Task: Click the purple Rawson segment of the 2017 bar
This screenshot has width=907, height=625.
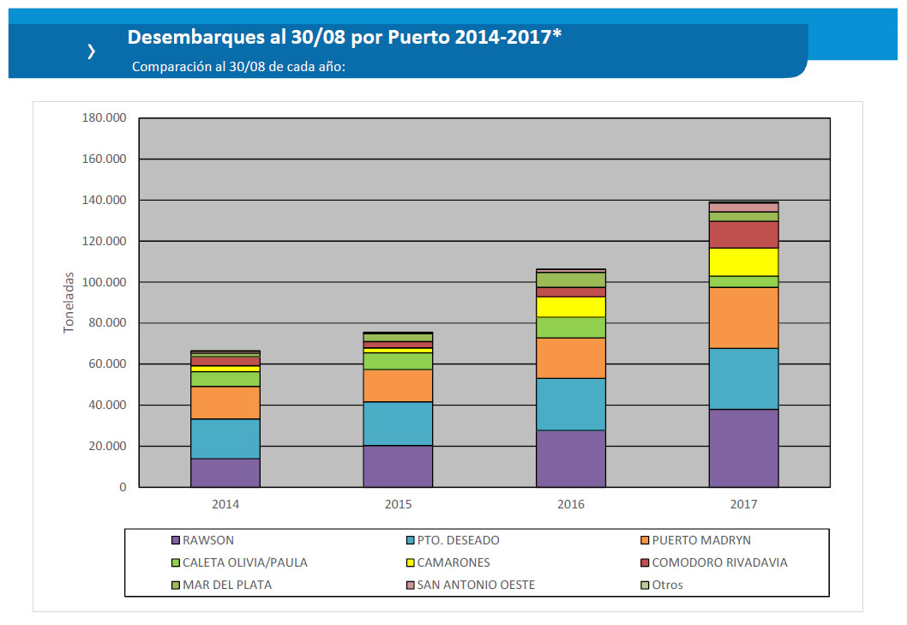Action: point(743,448)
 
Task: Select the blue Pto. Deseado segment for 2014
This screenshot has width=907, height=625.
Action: point(225,438)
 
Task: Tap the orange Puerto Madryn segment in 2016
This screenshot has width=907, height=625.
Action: point(571,358)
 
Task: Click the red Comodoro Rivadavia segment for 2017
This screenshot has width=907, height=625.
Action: point(743,234)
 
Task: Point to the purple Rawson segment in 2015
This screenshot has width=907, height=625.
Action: point(398,466)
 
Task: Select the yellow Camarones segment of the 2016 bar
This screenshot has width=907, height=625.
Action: point(571,306)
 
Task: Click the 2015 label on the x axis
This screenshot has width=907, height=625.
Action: point(398,504)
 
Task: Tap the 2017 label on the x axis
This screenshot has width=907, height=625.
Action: point(743,504)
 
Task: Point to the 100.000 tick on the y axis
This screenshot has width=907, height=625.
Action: point(104,282)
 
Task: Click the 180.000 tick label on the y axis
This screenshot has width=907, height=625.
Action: point(104,118)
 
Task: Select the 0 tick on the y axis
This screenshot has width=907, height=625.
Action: point(122,487)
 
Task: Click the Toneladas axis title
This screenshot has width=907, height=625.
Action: point(69,303)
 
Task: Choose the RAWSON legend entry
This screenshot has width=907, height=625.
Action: point(208,540)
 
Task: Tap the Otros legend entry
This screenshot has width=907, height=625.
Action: point(668,585)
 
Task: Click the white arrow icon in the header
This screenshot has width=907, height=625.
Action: point(91,51)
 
